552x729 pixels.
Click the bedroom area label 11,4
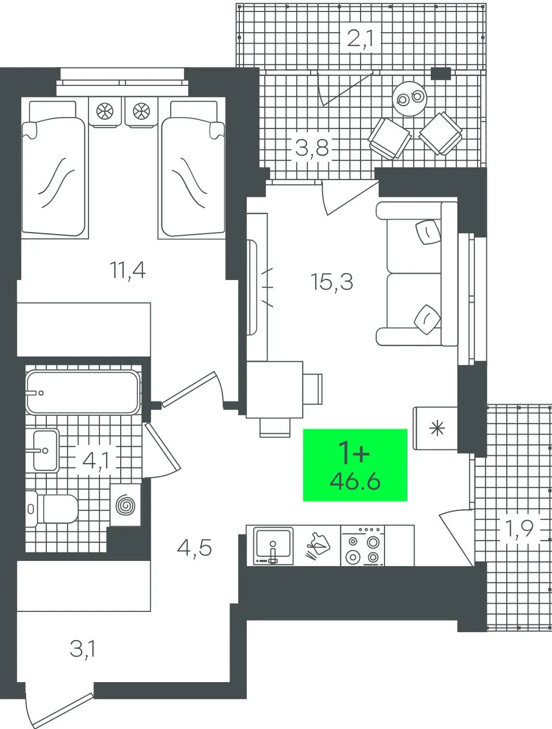(x=128, y=270)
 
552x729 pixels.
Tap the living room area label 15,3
(x=332, y=282)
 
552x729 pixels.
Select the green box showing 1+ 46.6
(x=355, y=464)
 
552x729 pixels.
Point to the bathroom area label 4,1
(x=96, y=461)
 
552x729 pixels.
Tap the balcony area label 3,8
(x=312, y=148)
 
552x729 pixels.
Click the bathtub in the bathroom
(x=83, y=392)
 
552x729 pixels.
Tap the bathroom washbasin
(x=45, y=450)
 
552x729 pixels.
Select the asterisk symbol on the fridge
(x=437, y=428)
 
